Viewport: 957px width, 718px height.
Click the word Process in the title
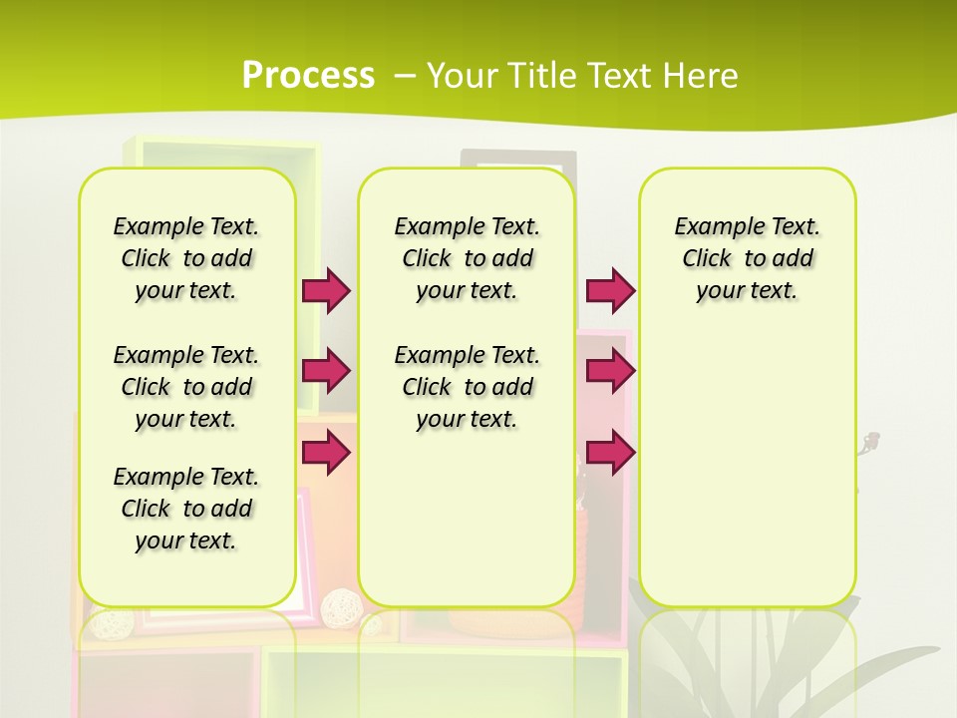click(x=308, y=75)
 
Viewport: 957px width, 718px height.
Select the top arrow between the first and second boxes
click(x=326, y=290)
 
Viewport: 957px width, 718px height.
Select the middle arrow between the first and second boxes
click(x=326, y=371)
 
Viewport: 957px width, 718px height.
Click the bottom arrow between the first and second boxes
click(x=326, y=452)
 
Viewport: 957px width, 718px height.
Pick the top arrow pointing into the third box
click(x=610, y=290)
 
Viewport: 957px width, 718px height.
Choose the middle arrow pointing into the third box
click(x=610, y=371)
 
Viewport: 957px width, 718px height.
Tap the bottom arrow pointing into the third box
click(x=610, y=452)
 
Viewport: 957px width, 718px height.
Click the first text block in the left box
click(x=186, y=258)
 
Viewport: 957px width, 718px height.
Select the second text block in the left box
click(x=186, y=387)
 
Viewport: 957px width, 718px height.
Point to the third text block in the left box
click(x=186, y=509)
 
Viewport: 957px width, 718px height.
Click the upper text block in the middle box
click(x=467, y=258)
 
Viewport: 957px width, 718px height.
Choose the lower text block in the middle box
click(x=467, y=387)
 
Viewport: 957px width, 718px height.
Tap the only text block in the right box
click(x=747, y=258)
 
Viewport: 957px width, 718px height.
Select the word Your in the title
click(x=462, y=75)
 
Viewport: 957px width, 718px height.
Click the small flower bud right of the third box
click(x=872, y=439)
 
